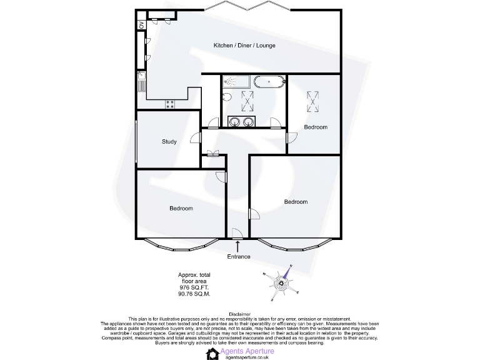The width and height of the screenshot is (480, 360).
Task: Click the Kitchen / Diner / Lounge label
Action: coord(244,46)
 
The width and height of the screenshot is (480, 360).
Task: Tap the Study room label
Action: coord(169,142)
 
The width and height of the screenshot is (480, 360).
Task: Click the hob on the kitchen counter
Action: coord(169,105)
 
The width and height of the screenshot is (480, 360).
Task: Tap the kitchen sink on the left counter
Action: coord(142,82)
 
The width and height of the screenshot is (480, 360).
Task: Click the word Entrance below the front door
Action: coord(239,257)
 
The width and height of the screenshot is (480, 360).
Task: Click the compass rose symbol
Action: coord(282,283)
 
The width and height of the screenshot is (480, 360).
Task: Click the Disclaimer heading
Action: coord(240,314)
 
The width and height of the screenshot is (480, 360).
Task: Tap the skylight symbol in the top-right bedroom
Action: coord(312,99)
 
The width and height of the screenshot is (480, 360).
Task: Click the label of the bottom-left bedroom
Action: coord(181,208)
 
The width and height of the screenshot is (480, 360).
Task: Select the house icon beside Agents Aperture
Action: coord(212,354)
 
